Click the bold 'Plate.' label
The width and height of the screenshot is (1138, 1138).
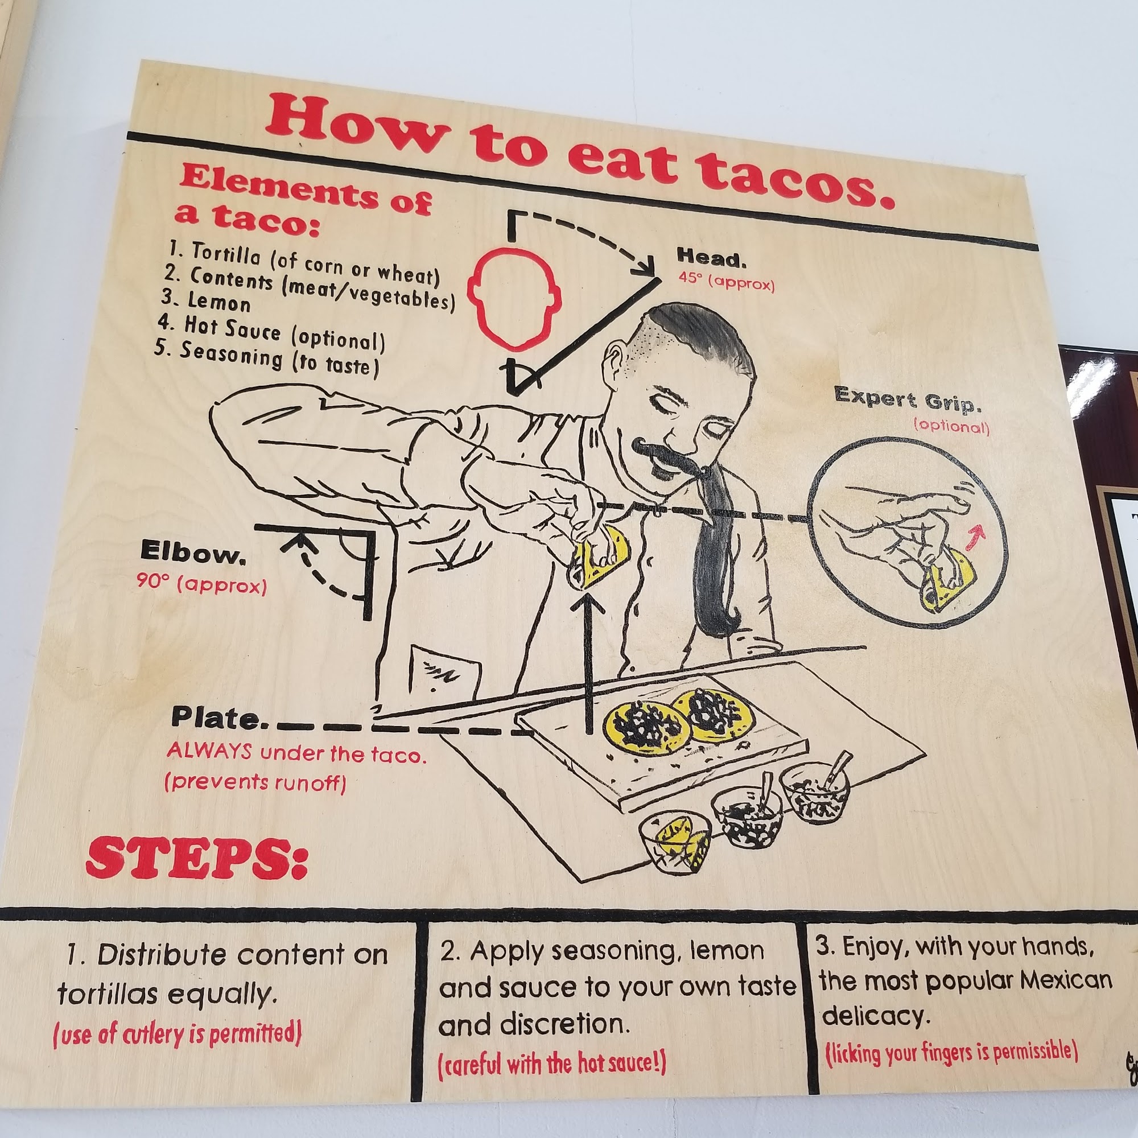coord(215,718)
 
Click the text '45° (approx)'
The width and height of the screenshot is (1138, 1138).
coord(726,282)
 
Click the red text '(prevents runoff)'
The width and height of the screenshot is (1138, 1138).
coord(255,783)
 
